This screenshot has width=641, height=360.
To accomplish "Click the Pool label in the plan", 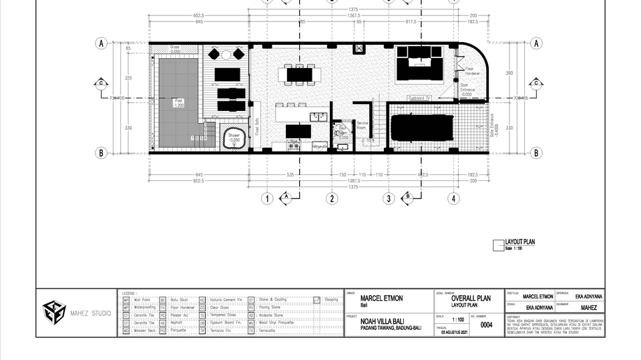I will pyautogui.click(x=178, y=102).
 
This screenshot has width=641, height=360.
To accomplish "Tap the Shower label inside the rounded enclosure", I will pyautogui.click(x=234, y=137).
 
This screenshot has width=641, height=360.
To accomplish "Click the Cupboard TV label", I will pyautogui.click(x=419, y=98).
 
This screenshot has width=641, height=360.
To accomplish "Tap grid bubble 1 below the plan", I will pyautogui.click(x=266, y=198).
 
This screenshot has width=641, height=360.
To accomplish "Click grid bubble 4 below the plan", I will pyautogui.click(x=453, y=198).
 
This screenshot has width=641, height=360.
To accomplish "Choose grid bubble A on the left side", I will pyautogui.click(x=101, y=43).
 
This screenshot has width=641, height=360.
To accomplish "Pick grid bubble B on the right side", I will pyautogui.click(x=536, y=153).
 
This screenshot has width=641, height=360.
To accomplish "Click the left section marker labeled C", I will pyautogui.click(x=101, y=83).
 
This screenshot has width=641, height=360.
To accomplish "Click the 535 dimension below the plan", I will pyautogui.click(x=290, y=174).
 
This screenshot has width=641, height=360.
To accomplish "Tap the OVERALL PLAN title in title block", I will pyautogui.click(x=471, y=298).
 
